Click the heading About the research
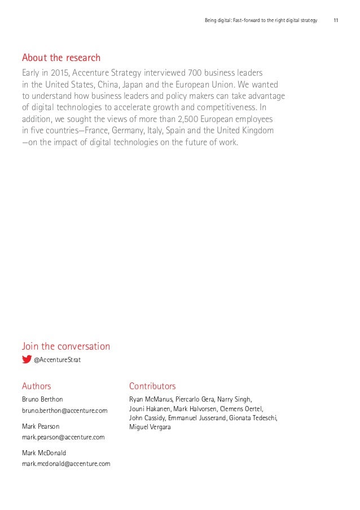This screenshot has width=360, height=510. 61,58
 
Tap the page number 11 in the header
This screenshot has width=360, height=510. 336,21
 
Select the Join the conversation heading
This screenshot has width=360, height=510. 66,346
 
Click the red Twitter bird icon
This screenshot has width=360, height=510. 27,359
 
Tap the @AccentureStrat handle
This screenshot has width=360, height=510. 57,359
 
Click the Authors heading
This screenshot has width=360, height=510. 37,386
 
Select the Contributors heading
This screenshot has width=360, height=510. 152,386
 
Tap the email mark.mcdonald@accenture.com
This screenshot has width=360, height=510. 66,464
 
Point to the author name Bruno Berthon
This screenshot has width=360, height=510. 46,399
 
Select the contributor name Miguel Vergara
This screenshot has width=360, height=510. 150,428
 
